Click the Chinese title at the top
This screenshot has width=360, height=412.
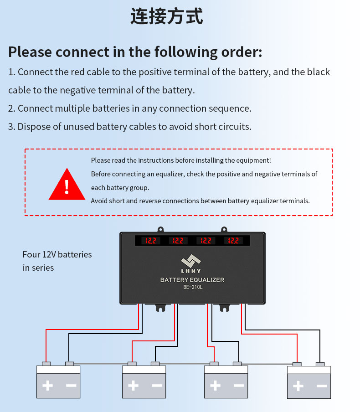167,16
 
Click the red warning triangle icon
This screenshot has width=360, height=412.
67,185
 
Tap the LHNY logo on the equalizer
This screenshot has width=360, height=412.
191,263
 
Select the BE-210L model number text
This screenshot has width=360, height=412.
193,287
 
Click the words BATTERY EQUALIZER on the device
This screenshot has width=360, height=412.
192,280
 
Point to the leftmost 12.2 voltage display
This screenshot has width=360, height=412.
150,241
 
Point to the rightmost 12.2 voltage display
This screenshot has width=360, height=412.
233,241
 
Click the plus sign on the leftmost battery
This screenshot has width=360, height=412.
47,386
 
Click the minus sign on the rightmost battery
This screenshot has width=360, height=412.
322,386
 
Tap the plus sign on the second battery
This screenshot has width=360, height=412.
133,386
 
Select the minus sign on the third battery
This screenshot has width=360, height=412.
239,386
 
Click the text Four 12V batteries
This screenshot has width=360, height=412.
57,254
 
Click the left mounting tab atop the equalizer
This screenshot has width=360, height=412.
160,230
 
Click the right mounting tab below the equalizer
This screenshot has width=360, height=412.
224,308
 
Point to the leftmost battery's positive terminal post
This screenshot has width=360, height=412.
46,364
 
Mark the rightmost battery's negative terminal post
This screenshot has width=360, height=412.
320,364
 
